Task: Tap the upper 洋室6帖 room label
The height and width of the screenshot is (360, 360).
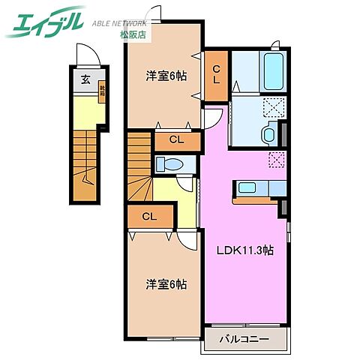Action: pos(166,75)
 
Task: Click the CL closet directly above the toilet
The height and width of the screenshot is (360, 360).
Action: pos(177,139)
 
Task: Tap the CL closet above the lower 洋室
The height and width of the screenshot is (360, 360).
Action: pos(149,217)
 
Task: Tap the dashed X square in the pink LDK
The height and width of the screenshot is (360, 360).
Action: pos(275,160)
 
